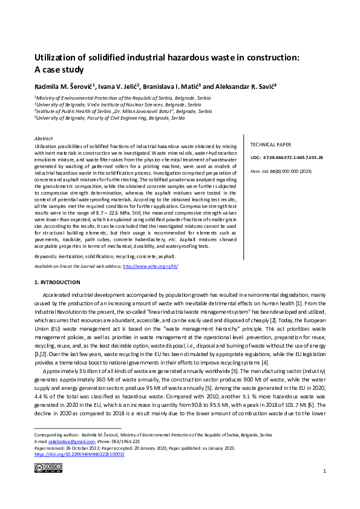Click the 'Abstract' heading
pyautogui.click(x=44, y=138)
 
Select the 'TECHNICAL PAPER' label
pyautogui.click(x=271, y=145)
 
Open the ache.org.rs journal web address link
pyautogui.click(x=150, y=266)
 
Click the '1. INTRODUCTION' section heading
pyautogui.click(x=57, y=282)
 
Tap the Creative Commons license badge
pyautogui.click(x=48, y=467)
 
